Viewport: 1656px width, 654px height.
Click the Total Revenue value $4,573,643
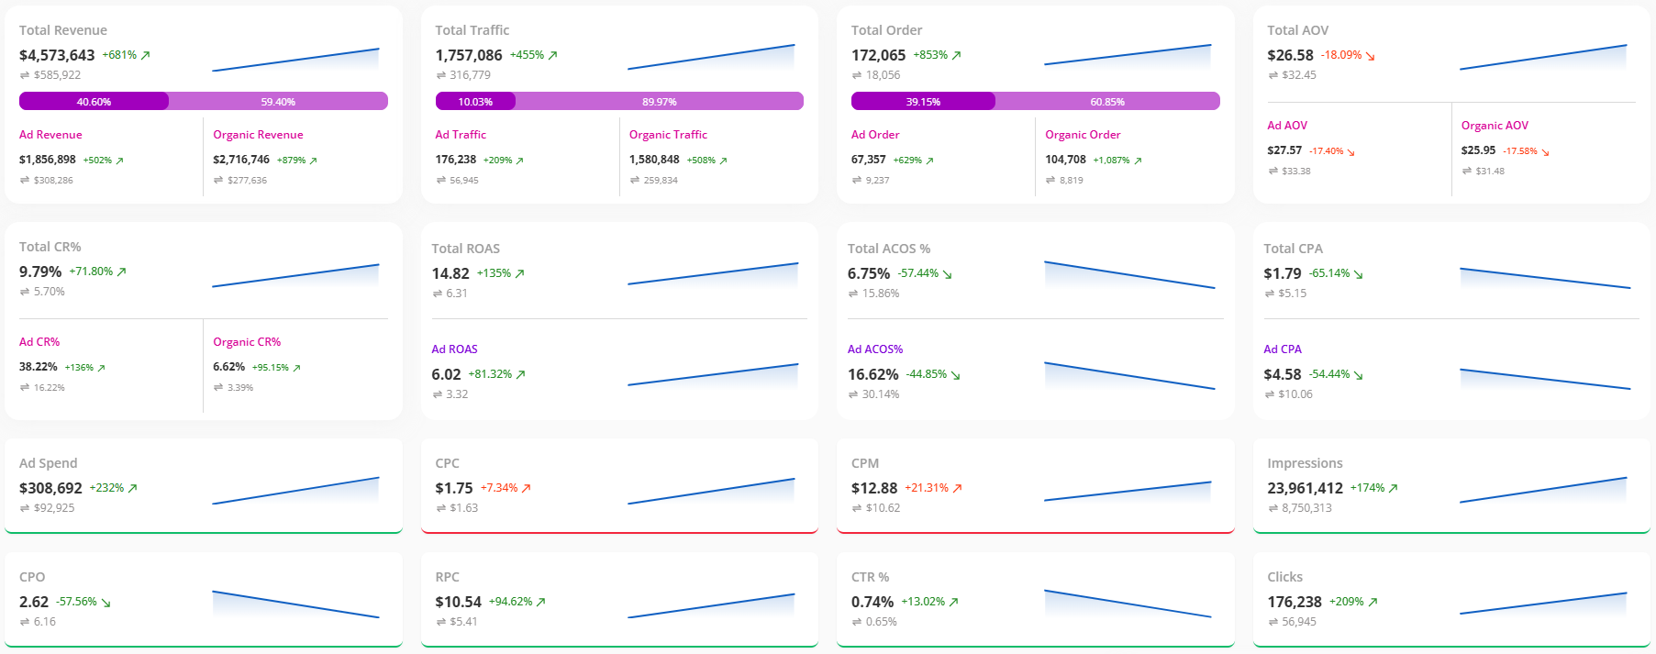tap(57, 55)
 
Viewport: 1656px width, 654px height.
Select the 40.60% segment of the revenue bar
tap(94, 101)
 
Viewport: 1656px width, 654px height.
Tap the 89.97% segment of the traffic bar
tap(659, 101)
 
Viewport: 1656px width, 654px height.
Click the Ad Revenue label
tap(50, 135)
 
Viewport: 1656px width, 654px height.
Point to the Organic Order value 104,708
tap(1065, 160)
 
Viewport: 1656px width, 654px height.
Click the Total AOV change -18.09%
tap(1341, 55)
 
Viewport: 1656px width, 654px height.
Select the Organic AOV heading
tap(1495, 126)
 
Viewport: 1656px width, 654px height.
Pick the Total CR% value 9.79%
tap(40, 272)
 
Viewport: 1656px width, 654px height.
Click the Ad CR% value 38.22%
tap(39, 367)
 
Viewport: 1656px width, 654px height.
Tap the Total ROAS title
tap(465, 249)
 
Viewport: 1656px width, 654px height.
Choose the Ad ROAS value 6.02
tap(446, 374)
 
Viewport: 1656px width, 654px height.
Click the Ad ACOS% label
tap(874, 349)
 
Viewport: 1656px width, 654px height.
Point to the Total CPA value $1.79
tap(1282, 273)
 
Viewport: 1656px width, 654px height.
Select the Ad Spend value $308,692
tap(50, 488)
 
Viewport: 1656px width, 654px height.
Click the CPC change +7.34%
tap(499, 488)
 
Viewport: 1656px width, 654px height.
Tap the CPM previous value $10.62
tap(883, 508)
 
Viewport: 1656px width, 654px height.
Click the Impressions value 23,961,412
tap(1305, 488)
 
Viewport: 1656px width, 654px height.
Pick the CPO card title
tap(32, 577)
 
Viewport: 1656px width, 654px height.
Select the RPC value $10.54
tap(458, 602)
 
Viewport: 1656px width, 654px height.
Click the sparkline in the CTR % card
tap(1128, 604)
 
